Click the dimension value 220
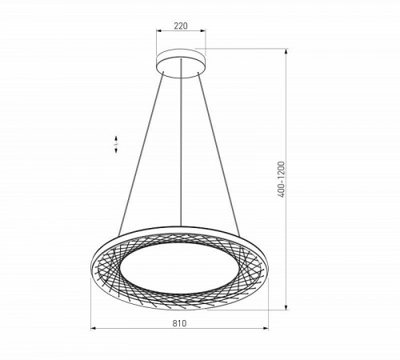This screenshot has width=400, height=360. coord(180,26)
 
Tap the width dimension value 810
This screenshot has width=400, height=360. coord(179,323)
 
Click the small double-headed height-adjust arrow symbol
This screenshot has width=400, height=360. coord(117,144)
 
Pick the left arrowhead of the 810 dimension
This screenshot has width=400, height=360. coord(94,330)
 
